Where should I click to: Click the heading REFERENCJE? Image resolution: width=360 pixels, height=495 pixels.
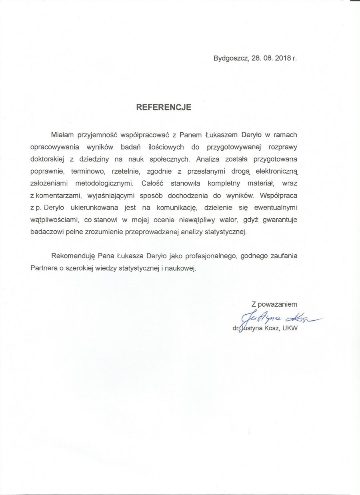164,108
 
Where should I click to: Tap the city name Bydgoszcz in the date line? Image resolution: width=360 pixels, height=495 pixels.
231,58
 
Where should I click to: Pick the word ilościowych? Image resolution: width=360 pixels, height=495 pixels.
163,147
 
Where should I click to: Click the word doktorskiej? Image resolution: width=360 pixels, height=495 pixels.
47,159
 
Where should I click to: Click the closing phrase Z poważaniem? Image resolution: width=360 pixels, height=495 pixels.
274,304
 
